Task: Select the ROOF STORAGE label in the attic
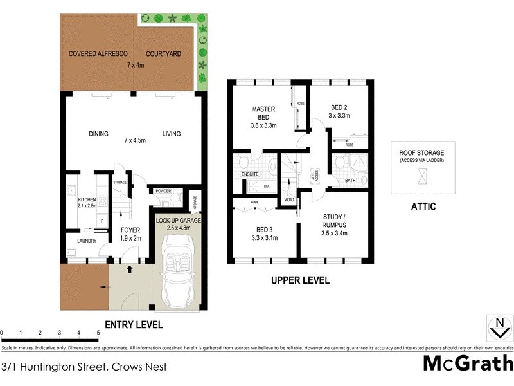coord(421,152)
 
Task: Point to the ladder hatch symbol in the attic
coord(421,175)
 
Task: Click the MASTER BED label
coord(263,113)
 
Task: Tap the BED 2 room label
coord(339,110)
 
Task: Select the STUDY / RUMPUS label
coord(333,228)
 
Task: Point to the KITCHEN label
coord(87,200)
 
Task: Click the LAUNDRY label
coord(86,241)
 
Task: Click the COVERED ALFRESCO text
coord(98,53)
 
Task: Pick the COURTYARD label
coord(162,53)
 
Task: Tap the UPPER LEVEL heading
coord(300,280)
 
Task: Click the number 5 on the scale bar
coord(98,333)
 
